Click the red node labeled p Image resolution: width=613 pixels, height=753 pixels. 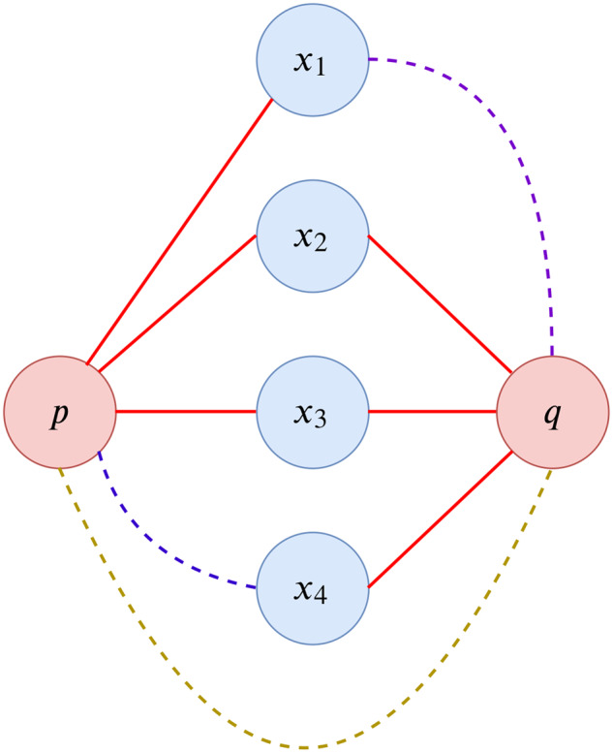tap(60, 412)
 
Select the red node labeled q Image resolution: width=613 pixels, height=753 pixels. tap(553, 412)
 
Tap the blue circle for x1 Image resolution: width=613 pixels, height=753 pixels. tap(312, 60)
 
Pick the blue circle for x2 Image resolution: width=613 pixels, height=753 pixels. tap(312, 235)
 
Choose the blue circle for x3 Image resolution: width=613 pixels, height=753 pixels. tap(312, 412)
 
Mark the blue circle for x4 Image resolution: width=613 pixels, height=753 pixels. tap(312, 587)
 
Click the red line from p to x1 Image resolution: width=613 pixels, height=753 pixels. tap(180, 233)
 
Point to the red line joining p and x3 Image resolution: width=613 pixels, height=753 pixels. tap(186, 412)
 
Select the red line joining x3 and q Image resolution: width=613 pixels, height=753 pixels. tap(432, 412)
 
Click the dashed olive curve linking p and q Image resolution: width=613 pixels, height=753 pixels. tap(305, 746)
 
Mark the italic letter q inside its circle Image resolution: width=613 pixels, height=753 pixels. tap(552, 415)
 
